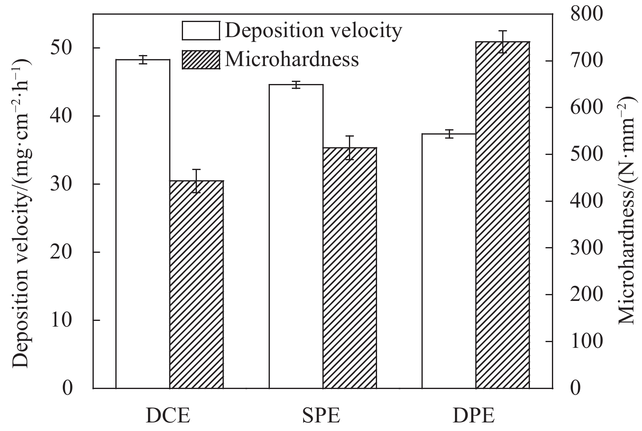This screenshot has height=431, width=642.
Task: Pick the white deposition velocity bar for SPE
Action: click(x=296, y=236)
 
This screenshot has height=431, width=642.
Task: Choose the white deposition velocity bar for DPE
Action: click(x=449, y=261)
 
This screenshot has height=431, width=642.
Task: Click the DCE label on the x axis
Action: click(x=168, y=417)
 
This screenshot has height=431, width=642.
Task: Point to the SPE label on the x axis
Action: click(x=322, y=417)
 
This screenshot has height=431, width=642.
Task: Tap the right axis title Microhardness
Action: click(x=627, y=210)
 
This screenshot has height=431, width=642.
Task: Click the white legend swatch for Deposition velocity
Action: click(x=201, y=31)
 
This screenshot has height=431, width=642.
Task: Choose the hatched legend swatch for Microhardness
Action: click(x=201, y=60)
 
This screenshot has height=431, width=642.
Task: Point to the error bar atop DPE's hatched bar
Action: click(x=503, y=42)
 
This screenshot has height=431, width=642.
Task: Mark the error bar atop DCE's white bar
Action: click(x=143, y=60)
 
